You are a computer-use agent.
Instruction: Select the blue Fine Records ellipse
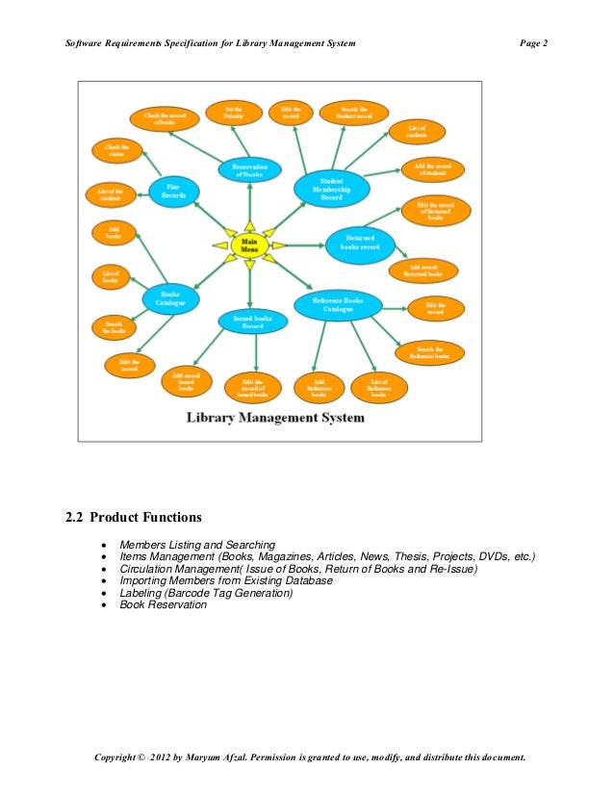tap(173, 191)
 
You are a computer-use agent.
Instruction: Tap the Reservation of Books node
tap(249, 170)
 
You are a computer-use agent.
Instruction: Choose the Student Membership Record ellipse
tap(331, 189)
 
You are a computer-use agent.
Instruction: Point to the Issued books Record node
tap(252, 321)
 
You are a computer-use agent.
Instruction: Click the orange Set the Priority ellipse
tap(234, 113)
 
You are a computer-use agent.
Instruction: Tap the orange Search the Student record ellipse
tap(353, 114)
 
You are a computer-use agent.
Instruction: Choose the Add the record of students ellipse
tap(432, 169)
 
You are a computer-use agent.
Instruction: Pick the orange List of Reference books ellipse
tap(378, 387)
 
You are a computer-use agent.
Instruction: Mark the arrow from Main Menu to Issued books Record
tap(250, 284)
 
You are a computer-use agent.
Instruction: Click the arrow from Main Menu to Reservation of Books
tap(249, 204)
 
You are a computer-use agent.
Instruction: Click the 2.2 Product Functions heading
tap(134, 518)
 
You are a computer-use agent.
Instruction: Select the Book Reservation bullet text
tap(163, 605)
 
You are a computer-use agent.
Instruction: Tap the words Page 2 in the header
tap(533, 44)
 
